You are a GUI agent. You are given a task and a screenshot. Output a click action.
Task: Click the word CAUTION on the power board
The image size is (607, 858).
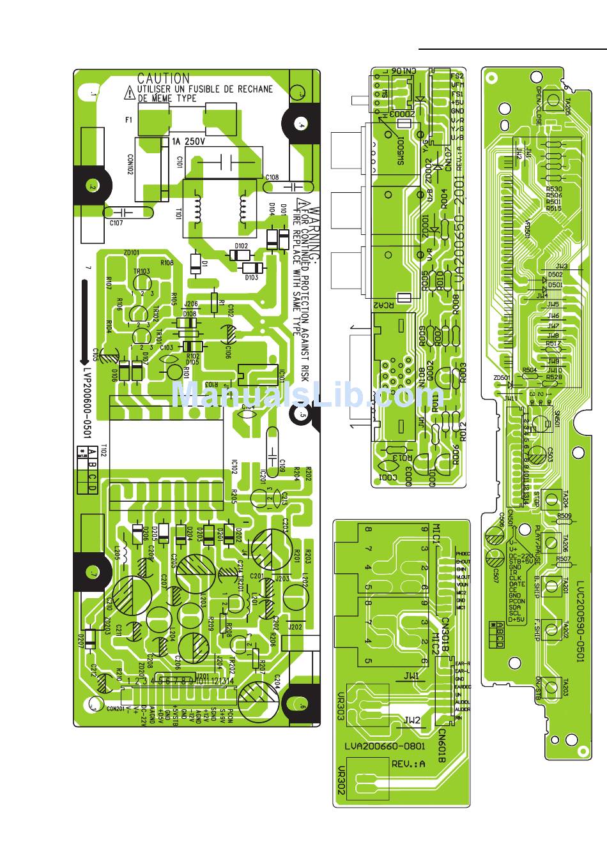(x=164, y=79)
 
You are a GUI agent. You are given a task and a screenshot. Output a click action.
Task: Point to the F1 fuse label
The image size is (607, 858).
(x=128, y=119)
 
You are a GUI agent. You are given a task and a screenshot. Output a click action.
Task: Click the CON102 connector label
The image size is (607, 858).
(x=130, y=162)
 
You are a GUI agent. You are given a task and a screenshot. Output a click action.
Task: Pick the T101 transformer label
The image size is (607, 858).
(x=179, y=214)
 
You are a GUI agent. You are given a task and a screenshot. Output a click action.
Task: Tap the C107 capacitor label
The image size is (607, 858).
(x=116, y=223)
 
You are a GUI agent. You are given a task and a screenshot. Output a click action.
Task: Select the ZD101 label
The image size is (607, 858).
(x=132, y=252)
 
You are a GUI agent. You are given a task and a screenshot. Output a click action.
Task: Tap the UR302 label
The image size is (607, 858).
(x=342, y=780)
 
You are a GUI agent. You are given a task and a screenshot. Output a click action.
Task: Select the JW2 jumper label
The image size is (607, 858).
(x=412, y=720)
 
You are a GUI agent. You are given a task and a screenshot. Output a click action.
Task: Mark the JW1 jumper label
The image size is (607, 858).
(x=412, y=675)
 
